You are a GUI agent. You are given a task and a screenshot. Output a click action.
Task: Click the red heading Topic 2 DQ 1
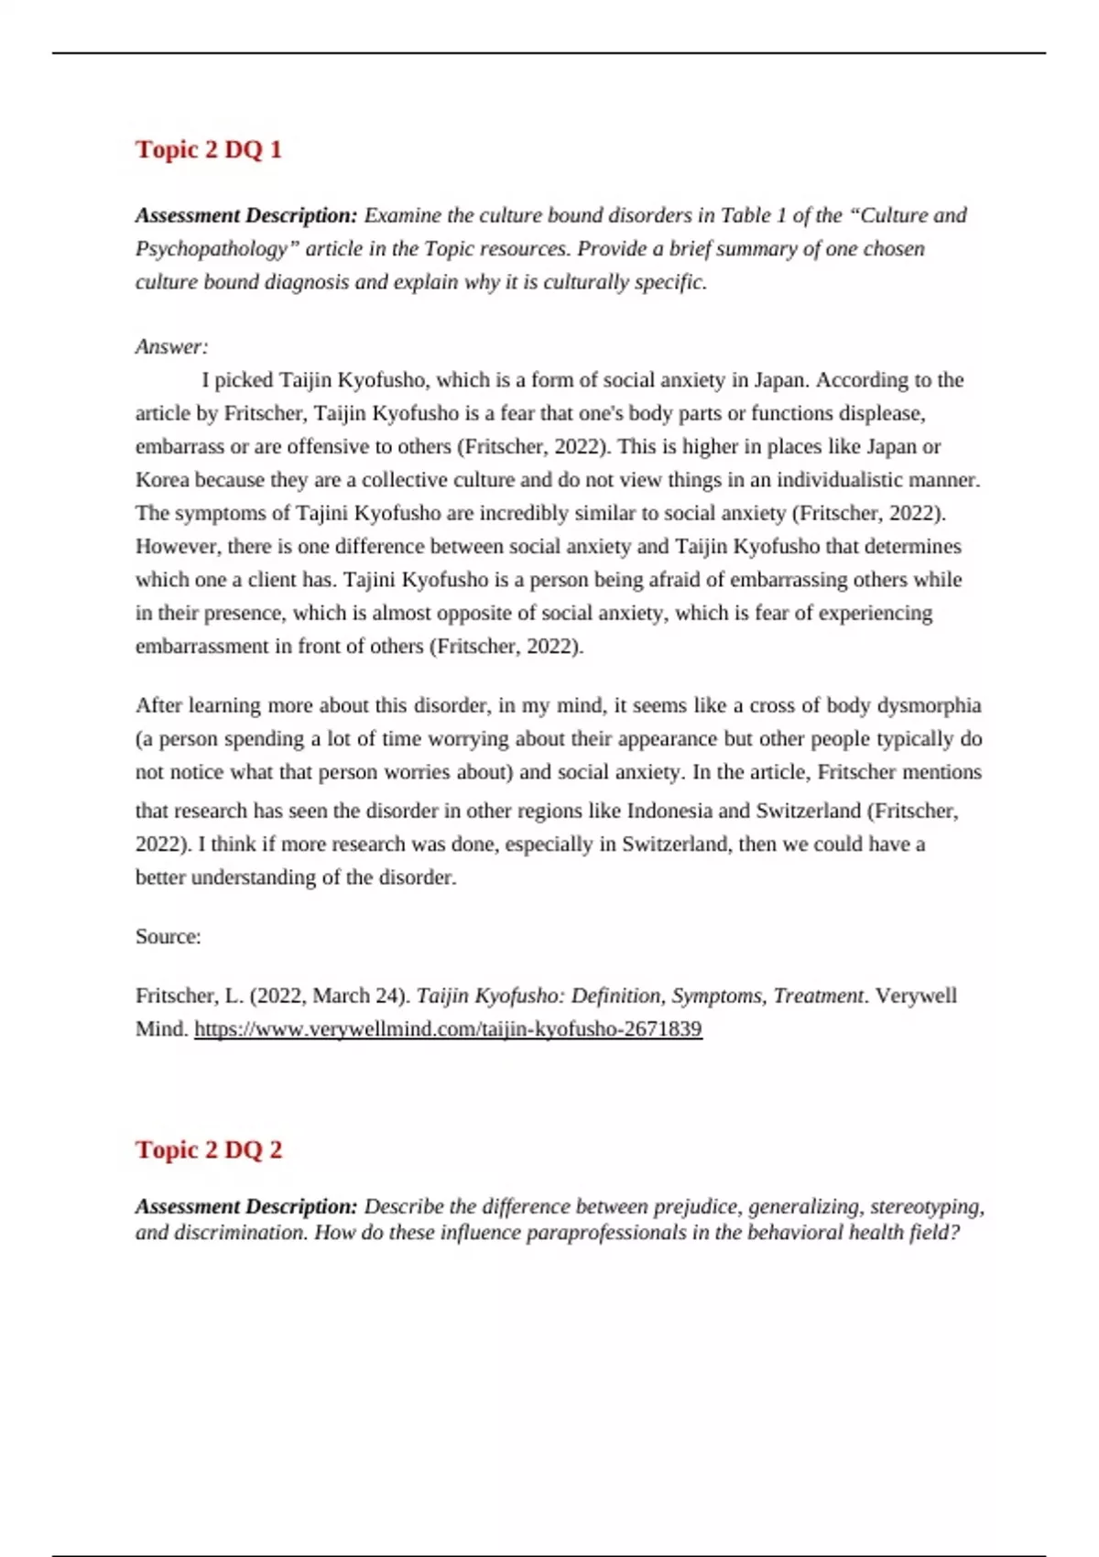[209, 149]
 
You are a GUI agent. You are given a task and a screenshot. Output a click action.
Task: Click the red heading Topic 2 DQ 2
[209, 1149]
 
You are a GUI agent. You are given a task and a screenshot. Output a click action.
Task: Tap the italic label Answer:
[172, 347]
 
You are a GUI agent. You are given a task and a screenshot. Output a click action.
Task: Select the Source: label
[169, 937]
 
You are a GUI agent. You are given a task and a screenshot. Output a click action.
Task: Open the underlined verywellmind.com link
[448, 1029]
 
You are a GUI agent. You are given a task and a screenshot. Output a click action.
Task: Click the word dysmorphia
[929, 706]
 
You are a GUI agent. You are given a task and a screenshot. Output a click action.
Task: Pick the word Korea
[162, 481]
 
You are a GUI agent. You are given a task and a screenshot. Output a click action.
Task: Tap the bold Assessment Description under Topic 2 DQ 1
[246, 216]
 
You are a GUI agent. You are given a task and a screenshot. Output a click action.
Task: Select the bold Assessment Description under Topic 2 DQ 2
[246, 1207]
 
